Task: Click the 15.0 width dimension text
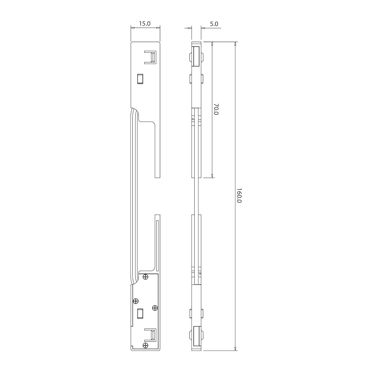(145, 23)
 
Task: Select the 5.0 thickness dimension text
(214, 24)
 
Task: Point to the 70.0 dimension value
(216, 109)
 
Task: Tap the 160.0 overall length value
(239, 196)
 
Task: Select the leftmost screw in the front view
(136, 301)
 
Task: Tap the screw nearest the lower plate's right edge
(155, 308)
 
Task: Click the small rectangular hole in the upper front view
(140, 79)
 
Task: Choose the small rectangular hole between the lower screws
(140, 313)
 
